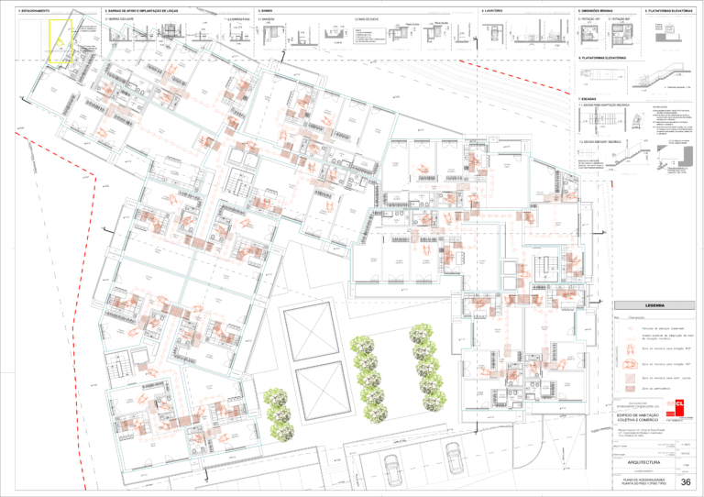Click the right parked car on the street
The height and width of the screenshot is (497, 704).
[x=454, y=455]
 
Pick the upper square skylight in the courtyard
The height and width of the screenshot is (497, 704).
[x=312, y=327]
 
